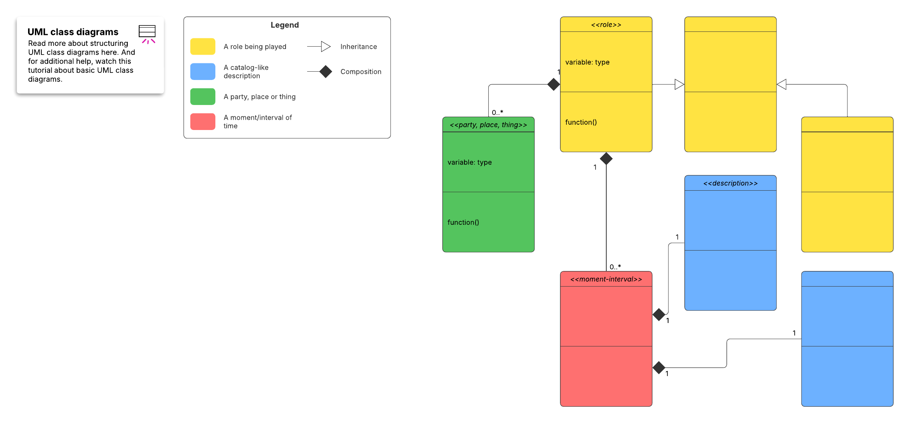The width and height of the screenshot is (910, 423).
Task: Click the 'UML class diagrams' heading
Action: coord(73,32)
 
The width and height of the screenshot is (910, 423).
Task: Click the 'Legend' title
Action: coord(284,25)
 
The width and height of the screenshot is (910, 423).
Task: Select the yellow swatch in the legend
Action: coord(202,47)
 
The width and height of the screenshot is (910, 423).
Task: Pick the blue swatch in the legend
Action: coord(202,72)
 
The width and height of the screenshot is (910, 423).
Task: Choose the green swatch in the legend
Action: coord(202,97)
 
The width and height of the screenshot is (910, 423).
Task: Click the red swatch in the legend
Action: coord(202,122)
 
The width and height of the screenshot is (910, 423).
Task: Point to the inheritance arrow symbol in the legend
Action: coord(325,47)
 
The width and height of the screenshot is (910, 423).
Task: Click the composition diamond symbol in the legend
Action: coord(325,72)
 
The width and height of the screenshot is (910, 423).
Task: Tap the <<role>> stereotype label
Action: coord(606,25)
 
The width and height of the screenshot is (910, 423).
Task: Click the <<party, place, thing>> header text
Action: coord(488,125)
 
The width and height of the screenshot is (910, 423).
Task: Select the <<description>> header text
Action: coord(730,183)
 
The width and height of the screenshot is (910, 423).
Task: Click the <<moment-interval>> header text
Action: coord(606,279)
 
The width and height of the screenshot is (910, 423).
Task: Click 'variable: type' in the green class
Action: coord(469,162)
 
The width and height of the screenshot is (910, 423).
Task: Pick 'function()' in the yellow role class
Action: coord(581,122)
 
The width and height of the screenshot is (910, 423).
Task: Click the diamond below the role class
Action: coord(606,158)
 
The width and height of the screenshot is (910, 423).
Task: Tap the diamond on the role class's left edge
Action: coord(554,84)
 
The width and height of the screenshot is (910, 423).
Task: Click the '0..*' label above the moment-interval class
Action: coord(615,267)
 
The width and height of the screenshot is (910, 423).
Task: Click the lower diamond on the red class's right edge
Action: coord(659,367)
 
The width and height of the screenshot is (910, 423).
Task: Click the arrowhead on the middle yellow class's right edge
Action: coord(781,84)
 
